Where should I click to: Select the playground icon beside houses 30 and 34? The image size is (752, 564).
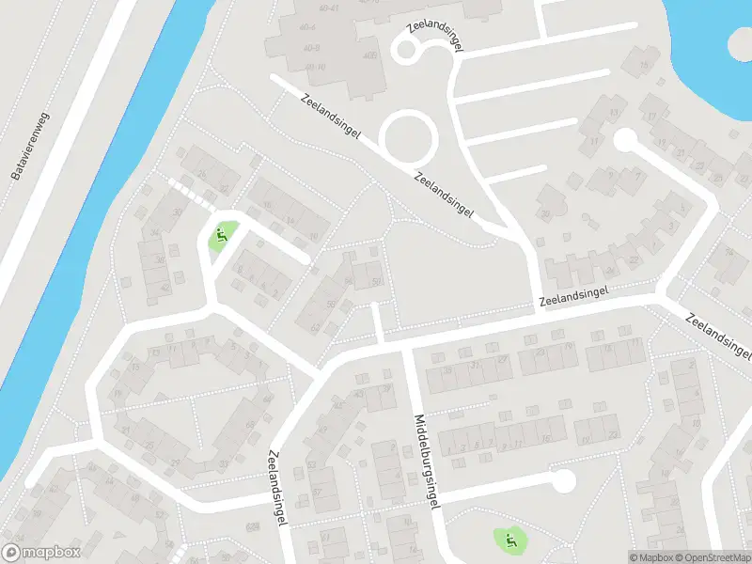point(222,235)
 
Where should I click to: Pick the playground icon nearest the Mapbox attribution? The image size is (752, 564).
point(510,540)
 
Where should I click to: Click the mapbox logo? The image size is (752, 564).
point(41,553)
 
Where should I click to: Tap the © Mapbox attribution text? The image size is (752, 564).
point(651,557)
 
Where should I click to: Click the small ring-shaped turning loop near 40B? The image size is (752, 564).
point(407,51)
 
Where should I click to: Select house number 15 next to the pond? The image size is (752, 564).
point(645,65)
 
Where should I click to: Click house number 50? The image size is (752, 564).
point(377,281)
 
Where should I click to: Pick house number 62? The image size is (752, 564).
point(316,328)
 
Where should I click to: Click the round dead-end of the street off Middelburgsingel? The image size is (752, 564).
point(563,481)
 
